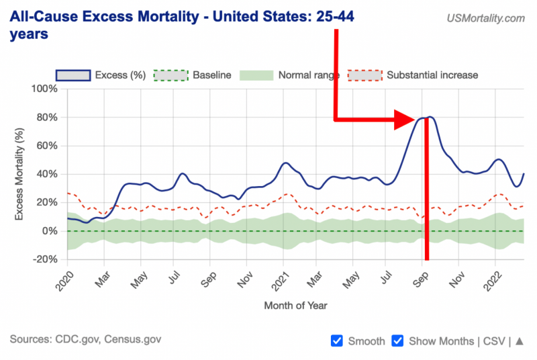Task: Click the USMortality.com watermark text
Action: [485, 19]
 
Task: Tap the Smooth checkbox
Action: [338, 341]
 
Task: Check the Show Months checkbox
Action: [397, 341]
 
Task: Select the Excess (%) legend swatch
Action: [73, 75]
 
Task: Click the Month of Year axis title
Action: [295, 306]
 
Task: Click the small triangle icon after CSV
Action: [520, 341]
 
